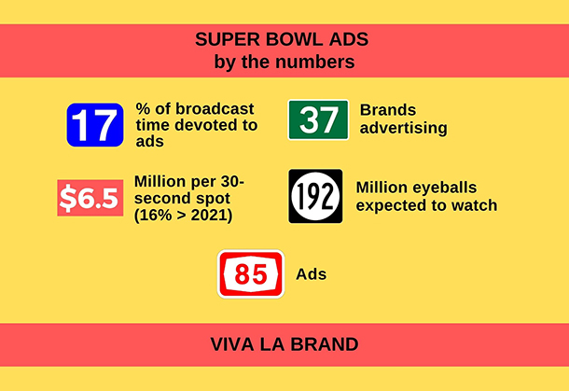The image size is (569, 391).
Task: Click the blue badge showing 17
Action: (95, 125)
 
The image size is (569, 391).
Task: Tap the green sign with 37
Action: (318, 119)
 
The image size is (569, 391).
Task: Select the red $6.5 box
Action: (90, 198)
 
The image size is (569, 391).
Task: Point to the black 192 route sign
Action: (315, 196)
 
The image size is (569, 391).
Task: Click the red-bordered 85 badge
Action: (251, 274)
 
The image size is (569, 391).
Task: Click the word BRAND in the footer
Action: (325, 344)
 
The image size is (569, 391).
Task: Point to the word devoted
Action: (205, 125)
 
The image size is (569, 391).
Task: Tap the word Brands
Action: (388, 110)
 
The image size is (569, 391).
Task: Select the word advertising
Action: (404, 128)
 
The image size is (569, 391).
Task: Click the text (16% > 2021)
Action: (183, 216)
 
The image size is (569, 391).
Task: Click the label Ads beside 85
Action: (311, 274)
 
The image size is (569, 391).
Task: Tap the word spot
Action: (213, 199)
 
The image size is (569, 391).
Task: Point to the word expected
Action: (394, 206)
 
